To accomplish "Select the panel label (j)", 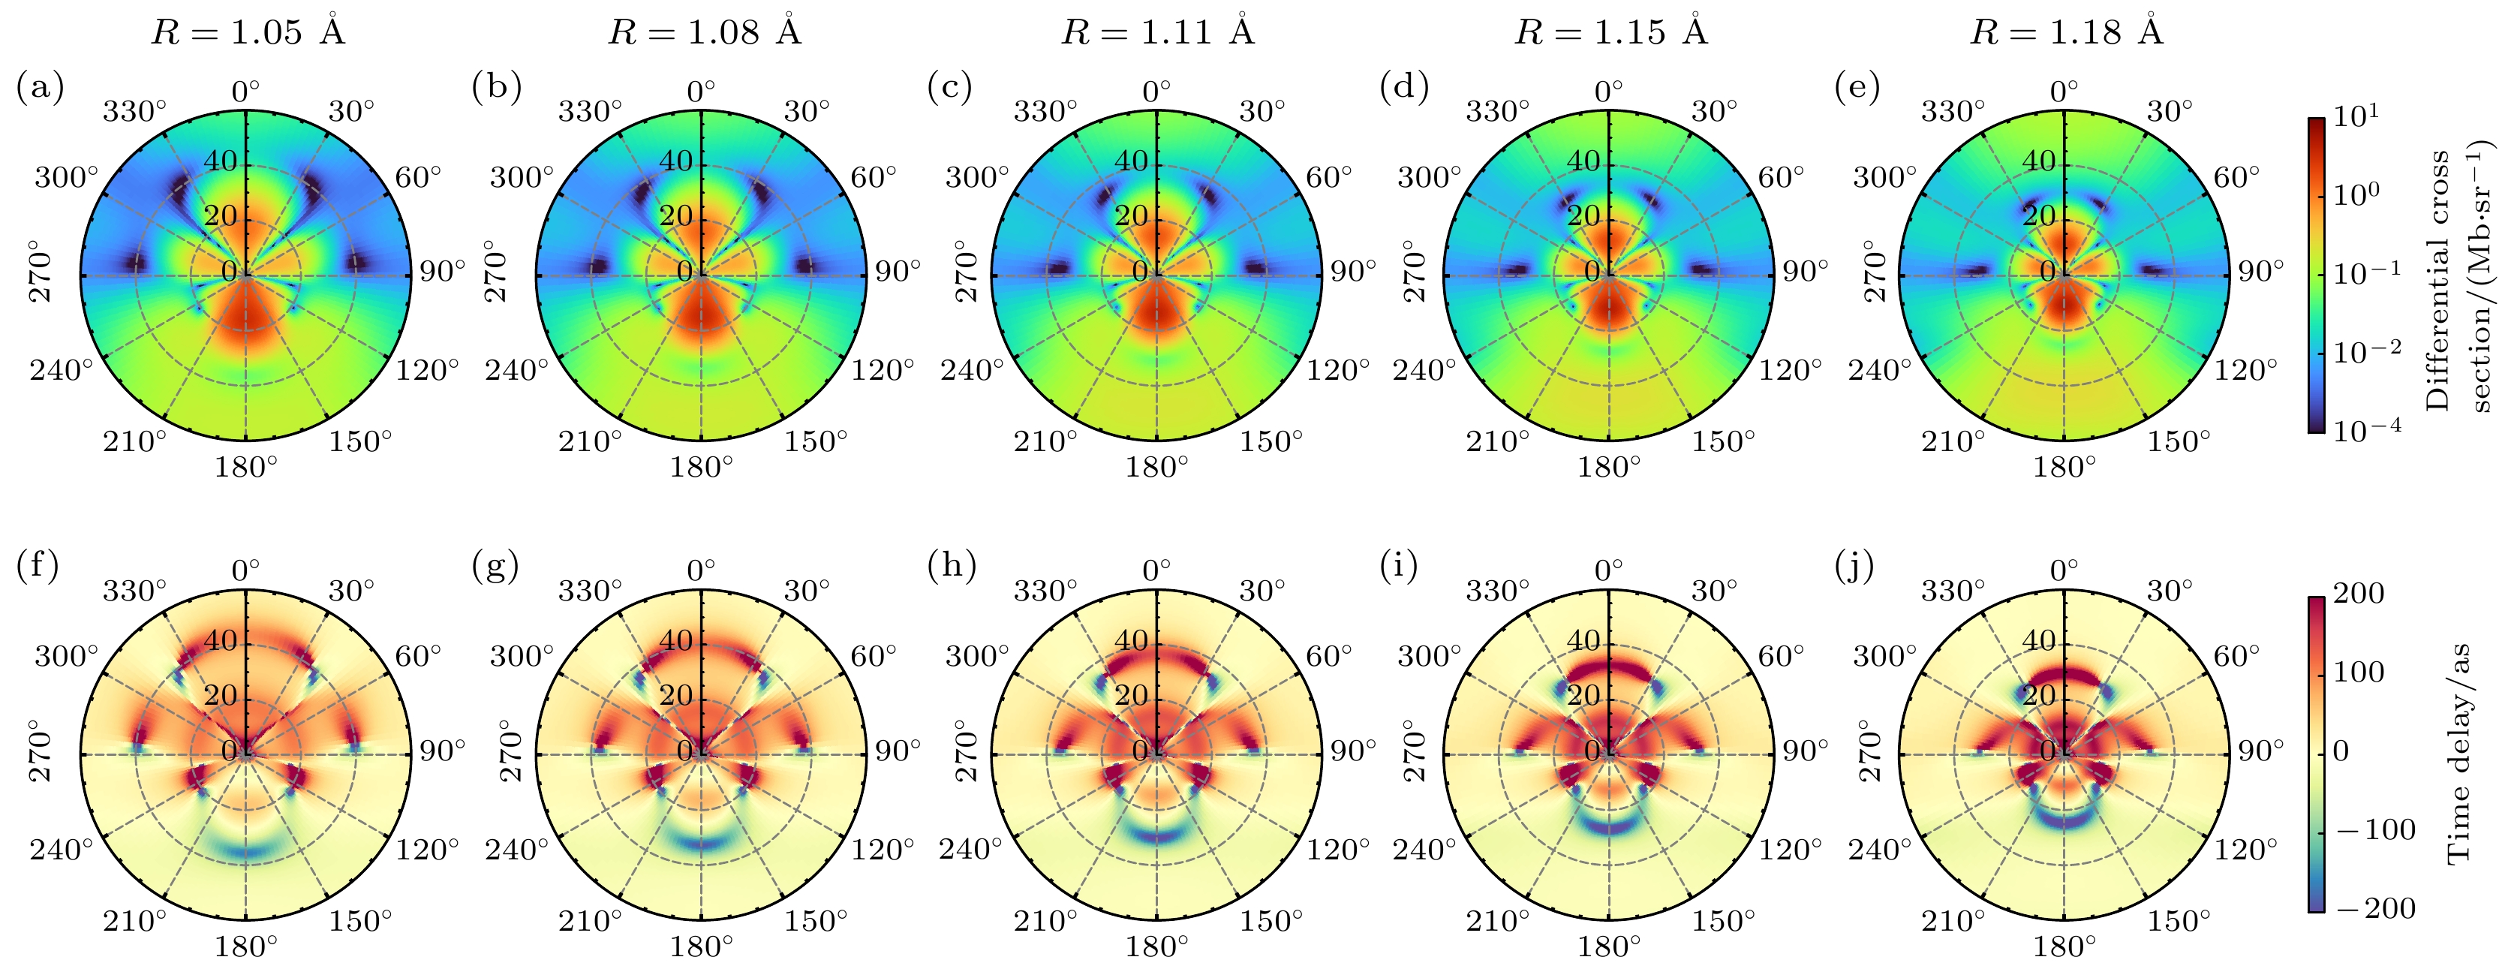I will tap(1856, 567).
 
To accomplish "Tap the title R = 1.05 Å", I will tap(248, 32).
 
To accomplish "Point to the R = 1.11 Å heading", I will tap(1157, 32).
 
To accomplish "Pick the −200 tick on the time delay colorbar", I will tap(2362, 909).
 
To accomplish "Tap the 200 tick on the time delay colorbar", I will tap(2358, 593).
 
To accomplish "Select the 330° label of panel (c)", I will tap(1045, 111).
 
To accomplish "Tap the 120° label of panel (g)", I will tap(883, 849).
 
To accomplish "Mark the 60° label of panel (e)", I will tap(2236, 176).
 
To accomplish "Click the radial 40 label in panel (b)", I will tap(676, 161).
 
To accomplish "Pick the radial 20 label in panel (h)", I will tap(1131, 695).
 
